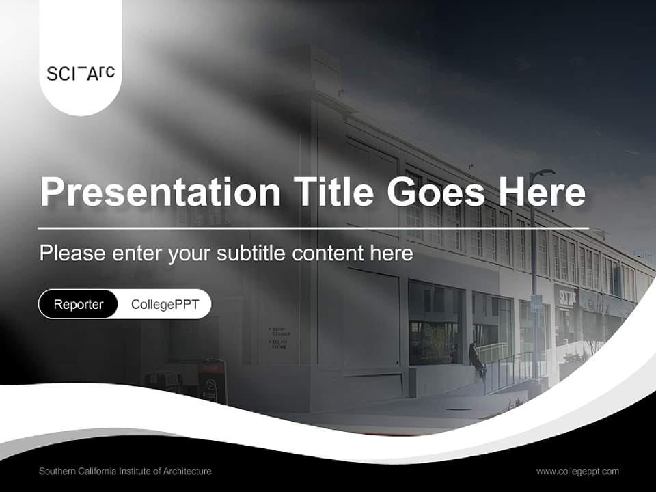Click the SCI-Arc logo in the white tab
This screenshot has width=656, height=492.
(x=81, y=73)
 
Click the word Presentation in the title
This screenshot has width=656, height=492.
(x=160, y=192)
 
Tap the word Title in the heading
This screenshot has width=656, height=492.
(x=333, y=192)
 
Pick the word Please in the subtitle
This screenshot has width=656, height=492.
(x=72, y=253)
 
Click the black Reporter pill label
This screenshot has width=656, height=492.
(x=78, y=304)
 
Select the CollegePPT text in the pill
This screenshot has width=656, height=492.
(x=165, y=304)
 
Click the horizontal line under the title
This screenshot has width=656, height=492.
(x=314, y=228)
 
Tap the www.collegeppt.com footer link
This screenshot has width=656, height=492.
(x=577, y=471)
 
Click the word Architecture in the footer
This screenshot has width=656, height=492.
(x=187, y=471)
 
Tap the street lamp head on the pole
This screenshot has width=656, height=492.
(x=546, y=172)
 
